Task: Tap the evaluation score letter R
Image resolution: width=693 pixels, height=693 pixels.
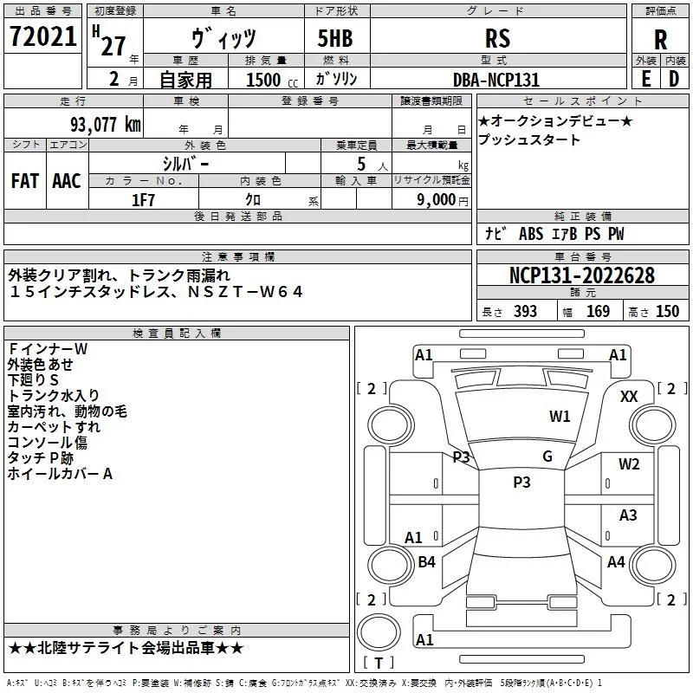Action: coord(660,40)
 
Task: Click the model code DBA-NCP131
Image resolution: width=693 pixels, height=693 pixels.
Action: coord(497,80)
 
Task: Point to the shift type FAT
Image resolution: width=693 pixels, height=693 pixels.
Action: coord(24,181)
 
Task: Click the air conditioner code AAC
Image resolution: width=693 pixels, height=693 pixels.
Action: coord(67,181)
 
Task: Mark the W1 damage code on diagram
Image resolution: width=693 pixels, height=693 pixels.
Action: coord(560,417)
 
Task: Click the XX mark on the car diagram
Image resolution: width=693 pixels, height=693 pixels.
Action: coord(630,396)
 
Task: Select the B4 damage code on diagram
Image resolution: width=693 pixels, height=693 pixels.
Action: coord(426,562)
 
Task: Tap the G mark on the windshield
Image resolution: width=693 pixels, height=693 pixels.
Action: coord(547,457)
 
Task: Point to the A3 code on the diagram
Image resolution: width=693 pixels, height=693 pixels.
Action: coord(628,515)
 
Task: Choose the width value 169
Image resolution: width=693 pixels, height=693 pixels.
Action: coord(599,312)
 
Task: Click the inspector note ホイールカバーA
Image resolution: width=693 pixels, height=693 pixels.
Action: coord(61,474)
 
